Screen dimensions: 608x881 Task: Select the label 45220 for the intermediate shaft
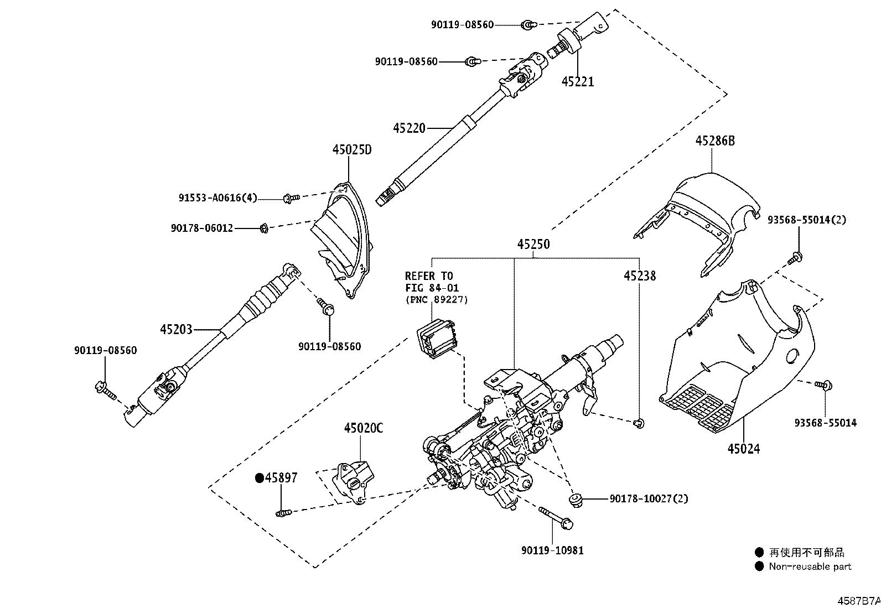(x=409, y=128)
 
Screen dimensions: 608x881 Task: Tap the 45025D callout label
(x=352, y=149)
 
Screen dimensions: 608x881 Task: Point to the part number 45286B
(x=715, y=141)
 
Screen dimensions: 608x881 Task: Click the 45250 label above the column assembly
(x=533, y=244)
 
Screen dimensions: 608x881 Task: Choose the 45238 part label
(x=640, y=276)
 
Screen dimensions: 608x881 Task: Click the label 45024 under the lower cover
(x=743, y=449)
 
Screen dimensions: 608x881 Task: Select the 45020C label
(x=363, y=428)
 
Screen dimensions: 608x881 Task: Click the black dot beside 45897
(x=258, y=478)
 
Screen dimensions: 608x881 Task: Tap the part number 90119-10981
(x=552, y=550)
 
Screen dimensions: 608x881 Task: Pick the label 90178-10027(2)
(x=649, y=498)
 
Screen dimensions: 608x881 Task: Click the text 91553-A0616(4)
(x=217, y=198)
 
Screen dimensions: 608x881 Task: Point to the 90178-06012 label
(x=202, y=227)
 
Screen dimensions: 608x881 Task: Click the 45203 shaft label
(x=176, y=329)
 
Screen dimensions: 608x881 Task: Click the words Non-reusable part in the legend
(x=810, y=567)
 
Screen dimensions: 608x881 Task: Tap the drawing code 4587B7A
(x=858, y=600)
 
